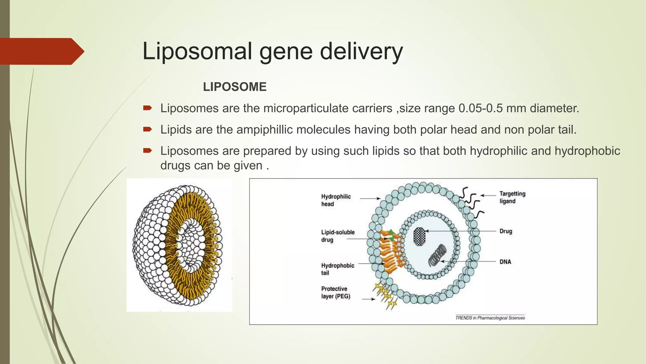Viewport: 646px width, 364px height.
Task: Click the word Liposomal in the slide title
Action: point(197,51)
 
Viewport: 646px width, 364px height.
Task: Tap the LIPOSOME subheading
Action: point(235,87)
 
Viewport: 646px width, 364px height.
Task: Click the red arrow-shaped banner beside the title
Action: point(41,51)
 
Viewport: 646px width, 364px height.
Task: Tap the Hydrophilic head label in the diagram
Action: point(336,200)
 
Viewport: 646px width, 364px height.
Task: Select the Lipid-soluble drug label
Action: point(338,236)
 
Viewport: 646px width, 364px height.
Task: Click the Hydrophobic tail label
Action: point(337,269)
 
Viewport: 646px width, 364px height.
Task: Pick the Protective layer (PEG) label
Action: point(335,292)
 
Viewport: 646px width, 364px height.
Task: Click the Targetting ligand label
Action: point(512,197)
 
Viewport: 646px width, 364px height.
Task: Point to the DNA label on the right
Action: point(505,262)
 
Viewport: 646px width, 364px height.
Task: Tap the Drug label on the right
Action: point(506,231)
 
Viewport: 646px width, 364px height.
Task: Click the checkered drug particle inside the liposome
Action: point(419,237)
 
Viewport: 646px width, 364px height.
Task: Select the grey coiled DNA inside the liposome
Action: point(437,255)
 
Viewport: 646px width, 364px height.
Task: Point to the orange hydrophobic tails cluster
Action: point(391,253)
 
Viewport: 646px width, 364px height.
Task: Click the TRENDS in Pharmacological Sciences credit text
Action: point(490,318)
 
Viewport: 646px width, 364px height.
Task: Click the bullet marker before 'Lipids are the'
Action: point(147,129)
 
